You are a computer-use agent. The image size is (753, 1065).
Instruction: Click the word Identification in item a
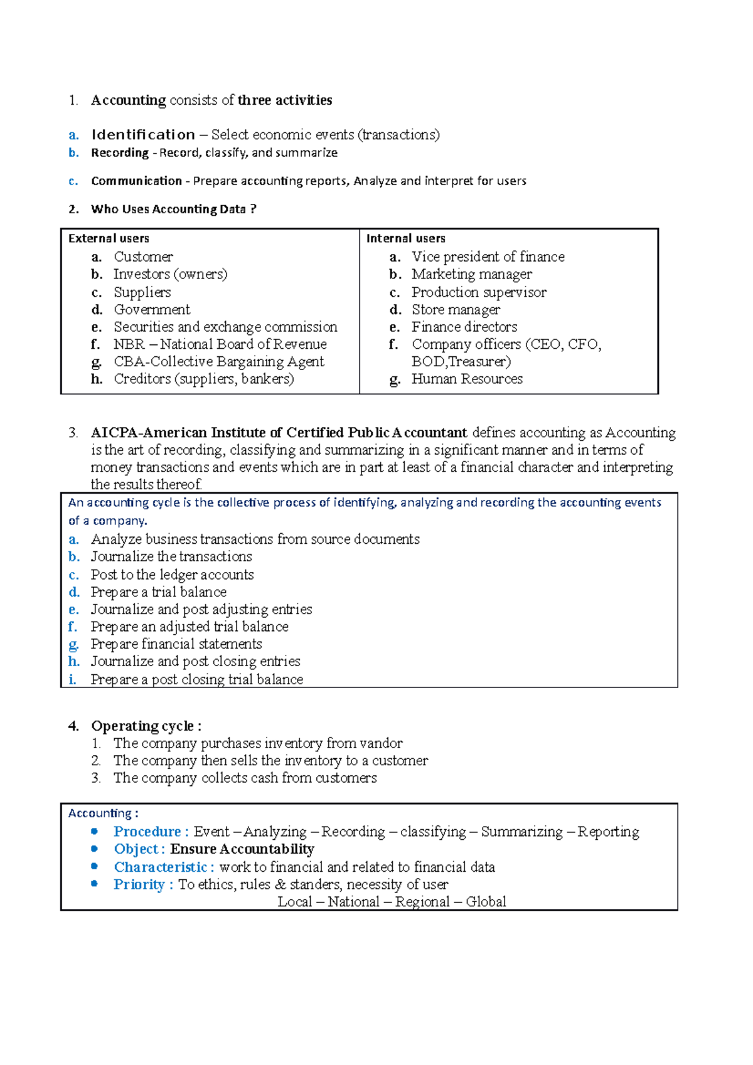(143, 135)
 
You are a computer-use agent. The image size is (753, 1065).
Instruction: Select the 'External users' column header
(109, 238)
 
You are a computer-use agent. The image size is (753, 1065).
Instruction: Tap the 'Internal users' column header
(405, 238)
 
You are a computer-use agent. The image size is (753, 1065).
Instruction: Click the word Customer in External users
(143, 257)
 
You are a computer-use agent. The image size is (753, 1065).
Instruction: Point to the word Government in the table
(152, 309)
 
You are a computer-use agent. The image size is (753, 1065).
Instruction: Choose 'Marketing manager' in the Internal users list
(471, 274)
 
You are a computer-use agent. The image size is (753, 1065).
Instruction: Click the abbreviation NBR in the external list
(129, 344)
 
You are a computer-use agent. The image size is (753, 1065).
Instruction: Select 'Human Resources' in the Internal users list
(467, 379)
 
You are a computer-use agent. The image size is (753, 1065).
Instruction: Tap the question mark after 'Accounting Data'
(253, 209)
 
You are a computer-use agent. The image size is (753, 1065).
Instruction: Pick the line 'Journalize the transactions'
(171, 556)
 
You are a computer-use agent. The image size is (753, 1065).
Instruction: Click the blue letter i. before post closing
(73, 679)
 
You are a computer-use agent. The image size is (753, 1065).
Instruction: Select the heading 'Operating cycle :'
(146, 726)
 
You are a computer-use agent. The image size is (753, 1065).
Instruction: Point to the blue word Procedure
(147, 832)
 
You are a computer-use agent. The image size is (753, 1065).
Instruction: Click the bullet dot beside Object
(94, 849)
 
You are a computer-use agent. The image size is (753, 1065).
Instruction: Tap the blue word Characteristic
(160, 867)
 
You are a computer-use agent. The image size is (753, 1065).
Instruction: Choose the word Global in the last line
(486, 902)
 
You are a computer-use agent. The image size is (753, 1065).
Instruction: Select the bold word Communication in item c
(136, 181)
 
